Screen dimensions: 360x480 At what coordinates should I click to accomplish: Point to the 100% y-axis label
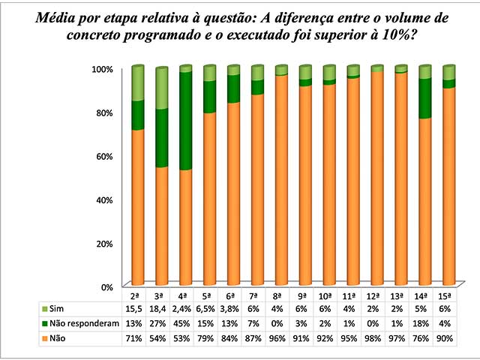click(x=100, y=69)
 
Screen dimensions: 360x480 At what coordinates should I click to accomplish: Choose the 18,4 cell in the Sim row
click(x=161, y=309)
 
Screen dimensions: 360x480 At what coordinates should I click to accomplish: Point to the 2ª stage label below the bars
click(x=137, y=296)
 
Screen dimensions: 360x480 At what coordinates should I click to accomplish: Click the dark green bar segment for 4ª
click(x=185, y=121)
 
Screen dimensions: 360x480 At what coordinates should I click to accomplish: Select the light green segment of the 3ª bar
click(x=161, y=88)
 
